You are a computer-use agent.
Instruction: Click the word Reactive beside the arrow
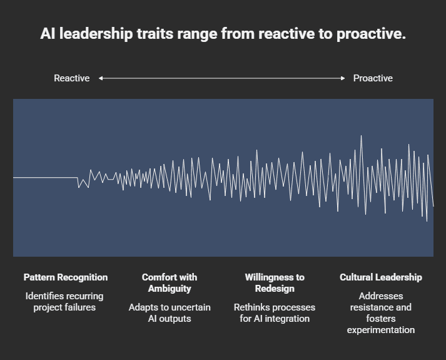[x=71, y=78]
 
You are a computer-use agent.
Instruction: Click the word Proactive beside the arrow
[x=373, y=78]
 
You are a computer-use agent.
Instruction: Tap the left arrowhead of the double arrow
[x=101, y=78]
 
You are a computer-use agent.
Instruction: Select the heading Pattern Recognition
[x=66, y=277]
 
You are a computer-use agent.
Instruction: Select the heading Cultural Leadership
[x=381, y=277]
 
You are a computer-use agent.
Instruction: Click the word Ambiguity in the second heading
[x=170, y=289]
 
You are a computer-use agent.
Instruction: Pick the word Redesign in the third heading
[x=275, y=289]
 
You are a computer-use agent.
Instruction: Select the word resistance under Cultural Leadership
[x=372, y=307]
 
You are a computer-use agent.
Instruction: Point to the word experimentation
[x=381, y=330]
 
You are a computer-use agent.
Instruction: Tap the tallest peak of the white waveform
[x=361, y=136]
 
